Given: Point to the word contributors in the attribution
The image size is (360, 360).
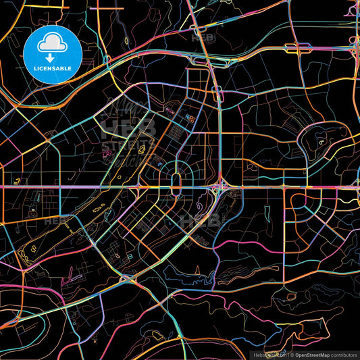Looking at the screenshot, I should point(344,354).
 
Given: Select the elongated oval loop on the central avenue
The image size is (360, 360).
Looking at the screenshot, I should point(176,184).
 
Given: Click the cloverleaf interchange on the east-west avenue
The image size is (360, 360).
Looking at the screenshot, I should point(220,187).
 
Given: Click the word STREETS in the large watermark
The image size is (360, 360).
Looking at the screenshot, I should point(125,143).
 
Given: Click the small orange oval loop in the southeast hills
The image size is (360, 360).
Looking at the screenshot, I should point(292,297).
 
